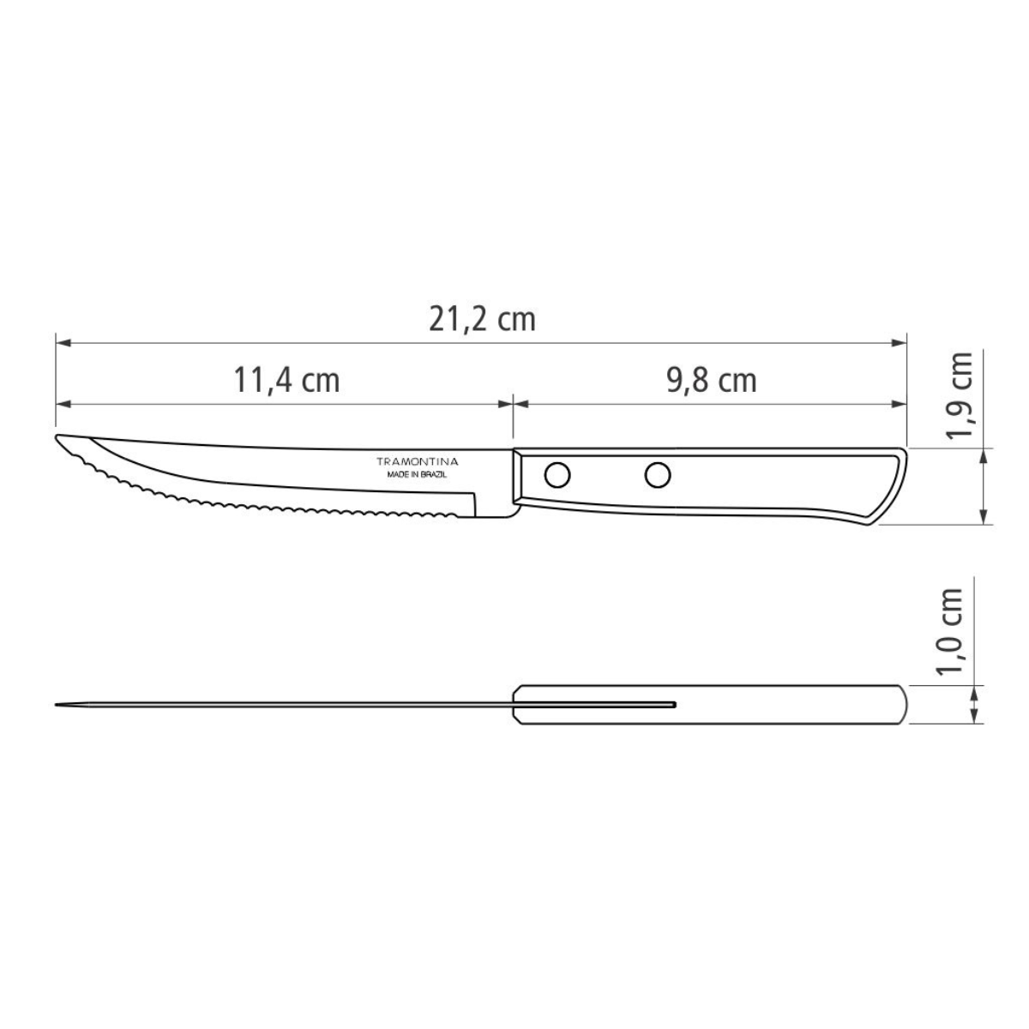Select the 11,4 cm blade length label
click(x=287, y=380)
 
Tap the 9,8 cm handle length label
click(x=712, y=380)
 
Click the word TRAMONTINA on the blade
click(x=419, y=461)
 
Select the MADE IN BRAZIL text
click(x=419, y=473)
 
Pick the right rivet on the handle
click(x=658, y=472)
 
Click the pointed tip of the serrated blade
click(x=58, y=439)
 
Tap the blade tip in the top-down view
click(x=57, y=706)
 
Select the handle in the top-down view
click(x=772, y=705)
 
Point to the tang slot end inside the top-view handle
click(x=674, y=705)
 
